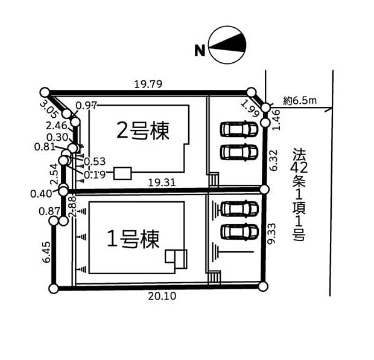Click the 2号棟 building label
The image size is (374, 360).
pos(142,130)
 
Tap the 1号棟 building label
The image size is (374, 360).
pos(133,240)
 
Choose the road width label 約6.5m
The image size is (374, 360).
pos(299,100)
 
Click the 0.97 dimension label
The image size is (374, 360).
pos(87,105)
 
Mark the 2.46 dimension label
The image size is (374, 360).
pos(55,126)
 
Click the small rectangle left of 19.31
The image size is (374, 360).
pos(122,174)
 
